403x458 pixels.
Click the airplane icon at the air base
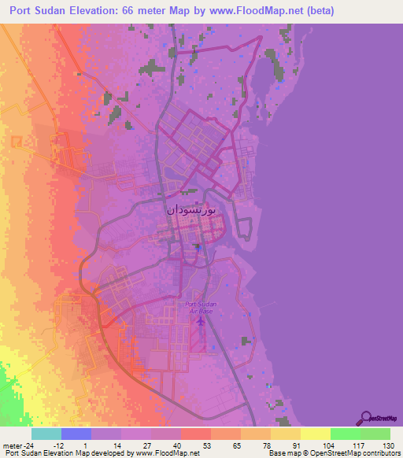(x=201, y=319)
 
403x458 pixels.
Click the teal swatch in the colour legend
(x=46, y=434)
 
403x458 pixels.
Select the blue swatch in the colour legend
(x=76, y=434)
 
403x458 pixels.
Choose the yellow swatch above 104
(x=316, y=434)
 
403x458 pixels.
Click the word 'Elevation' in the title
(x=106, y=11)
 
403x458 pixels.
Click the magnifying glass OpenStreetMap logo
(x=366, y=418)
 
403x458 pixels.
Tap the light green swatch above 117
(x=346, y=434)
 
